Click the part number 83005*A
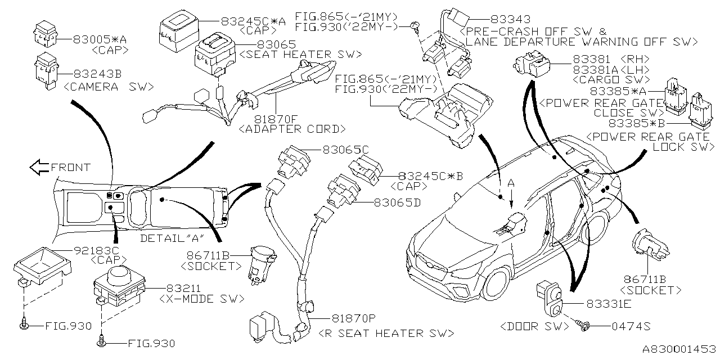pos(100,39)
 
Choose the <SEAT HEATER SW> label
pos(300,54)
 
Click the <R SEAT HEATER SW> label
pos(386,333)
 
